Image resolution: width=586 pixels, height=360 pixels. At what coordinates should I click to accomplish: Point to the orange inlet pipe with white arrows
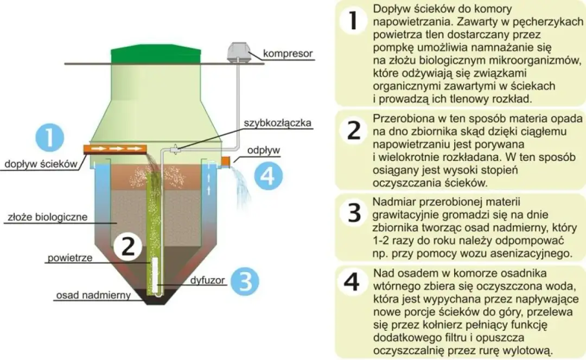(x=115, y=148)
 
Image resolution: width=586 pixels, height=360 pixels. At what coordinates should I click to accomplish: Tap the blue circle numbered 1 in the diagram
(x=49, y=138)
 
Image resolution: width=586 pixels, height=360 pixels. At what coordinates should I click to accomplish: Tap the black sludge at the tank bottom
(x=154, y=296)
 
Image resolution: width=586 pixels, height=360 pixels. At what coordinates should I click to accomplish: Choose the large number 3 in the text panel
(x=354, y=213)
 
